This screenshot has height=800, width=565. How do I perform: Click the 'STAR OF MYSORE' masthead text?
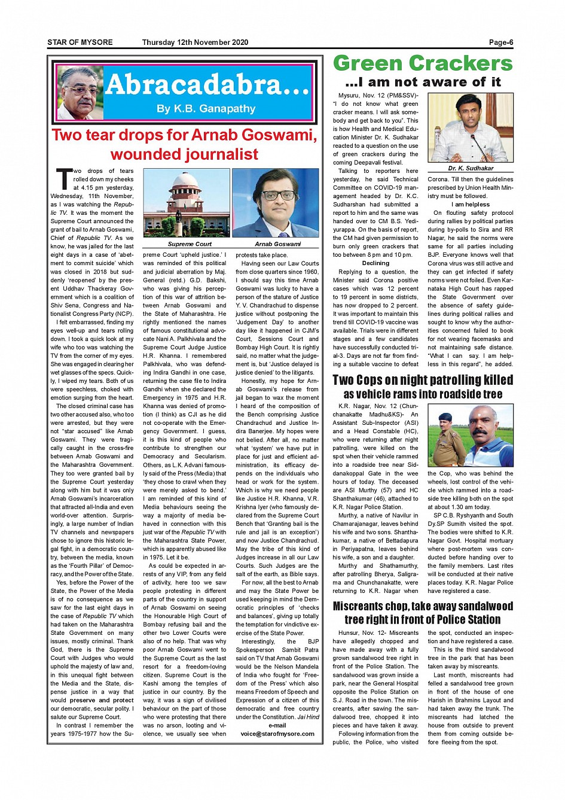[x=80, y=42]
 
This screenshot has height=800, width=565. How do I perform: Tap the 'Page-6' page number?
[x=501, y=42]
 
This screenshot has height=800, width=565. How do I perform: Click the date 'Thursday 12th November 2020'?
[x=195, y=42]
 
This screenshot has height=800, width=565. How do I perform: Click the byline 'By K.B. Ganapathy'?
[x=206, y=109]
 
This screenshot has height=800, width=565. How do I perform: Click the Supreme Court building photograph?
[x=187, y=203]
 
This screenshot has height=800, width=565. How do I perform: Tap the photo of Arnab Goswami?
[x=275, y=203]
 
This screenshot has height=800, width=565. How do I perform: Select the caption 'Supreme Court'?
[x=190, y=244]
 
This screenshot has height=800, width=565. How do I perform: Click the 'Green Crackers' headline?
[x=423, y=63]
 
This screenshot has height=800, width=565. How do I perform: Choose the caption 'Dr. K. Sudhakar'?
[x=471, y=169]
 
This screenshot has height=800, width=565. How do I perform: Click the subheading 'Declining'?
[x=375, y=263]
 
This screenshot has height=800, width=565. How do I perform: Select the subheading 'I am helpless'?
[x=471, y=205]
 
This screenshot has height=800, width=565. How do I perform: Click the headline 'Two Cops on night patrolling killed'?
[x=423, y=380]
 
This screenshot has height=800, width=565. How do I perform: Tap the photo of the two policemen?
[x=471, y=436]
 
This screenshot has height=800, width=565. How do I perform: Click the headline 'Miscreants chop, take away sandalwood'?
[x=423, y=606]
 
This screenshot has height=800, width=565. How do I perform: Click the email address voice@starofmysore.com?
[x=277, y=734]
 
